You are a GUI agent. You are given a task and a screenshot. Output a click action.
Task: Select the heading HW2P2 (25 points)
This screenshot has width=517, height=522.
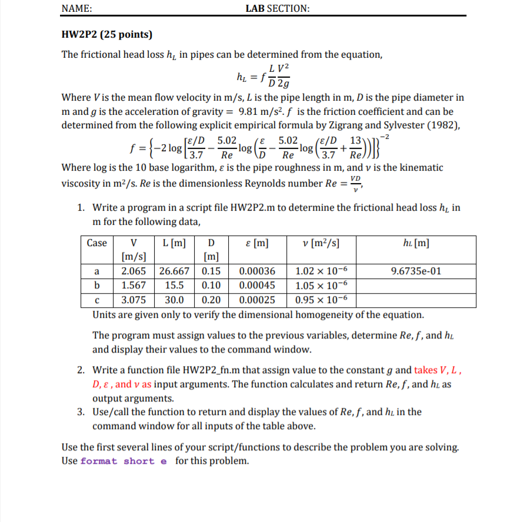coord(107,34)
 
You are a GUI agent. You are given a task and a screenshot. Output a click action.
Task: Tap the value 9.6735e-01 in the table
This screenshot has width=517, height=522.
coord(416,271)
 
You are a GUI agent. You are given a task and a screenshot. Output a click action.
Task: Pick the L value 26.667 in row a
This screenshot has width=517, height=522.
coord(175,271)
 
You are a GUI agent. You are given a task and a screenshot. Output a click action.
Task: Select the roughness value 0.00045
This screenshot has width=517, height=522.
coord(257,285)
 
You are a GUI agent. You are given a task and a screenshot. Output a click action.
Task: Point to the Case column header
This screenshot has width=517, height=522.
coord(97,242)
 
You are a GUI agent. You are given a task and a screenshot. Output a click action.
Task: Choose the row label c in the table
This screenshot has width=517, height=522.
coord(96,299)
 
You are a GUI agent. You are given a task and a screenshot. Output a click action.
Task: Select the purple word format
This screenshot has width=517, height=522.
coord(99,461)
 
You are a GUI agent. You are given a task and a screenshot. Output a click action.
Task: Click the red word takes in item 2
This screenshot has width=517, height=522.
coord(426,370)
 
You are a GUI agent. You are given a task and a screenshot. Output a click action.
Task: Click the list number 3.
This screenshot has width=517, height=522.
coord(82,411)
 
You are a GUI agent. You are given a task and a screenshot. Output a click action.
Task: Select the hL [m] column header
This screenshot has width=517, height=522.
coord(416,242)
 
